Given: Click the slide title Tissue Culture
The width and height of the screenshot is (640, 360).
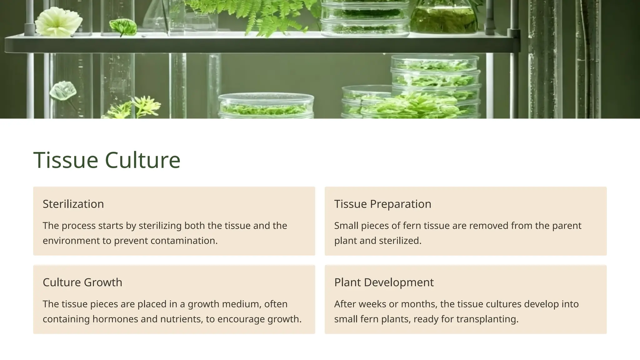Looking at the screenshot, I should tap(107, 160).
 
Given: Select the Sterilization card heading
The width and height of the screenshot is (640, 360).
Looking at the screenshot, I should tap(73, 204).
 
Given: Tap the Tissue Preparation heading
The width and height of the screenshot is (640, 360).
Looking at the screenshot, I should tap(382, 204).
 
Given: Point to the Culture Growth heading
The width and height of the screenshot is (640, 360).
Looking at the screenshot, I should tap(82, 282).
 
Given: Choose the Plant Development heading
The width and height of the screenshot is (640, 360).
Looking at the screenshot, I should tap(384, 282).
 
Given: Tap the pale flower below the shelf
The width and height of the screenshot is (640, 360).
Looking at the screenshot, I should tap(63, 91).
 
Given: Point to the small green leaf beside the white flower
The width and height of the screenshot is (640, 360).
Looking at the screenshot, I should tap(123, 27).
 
